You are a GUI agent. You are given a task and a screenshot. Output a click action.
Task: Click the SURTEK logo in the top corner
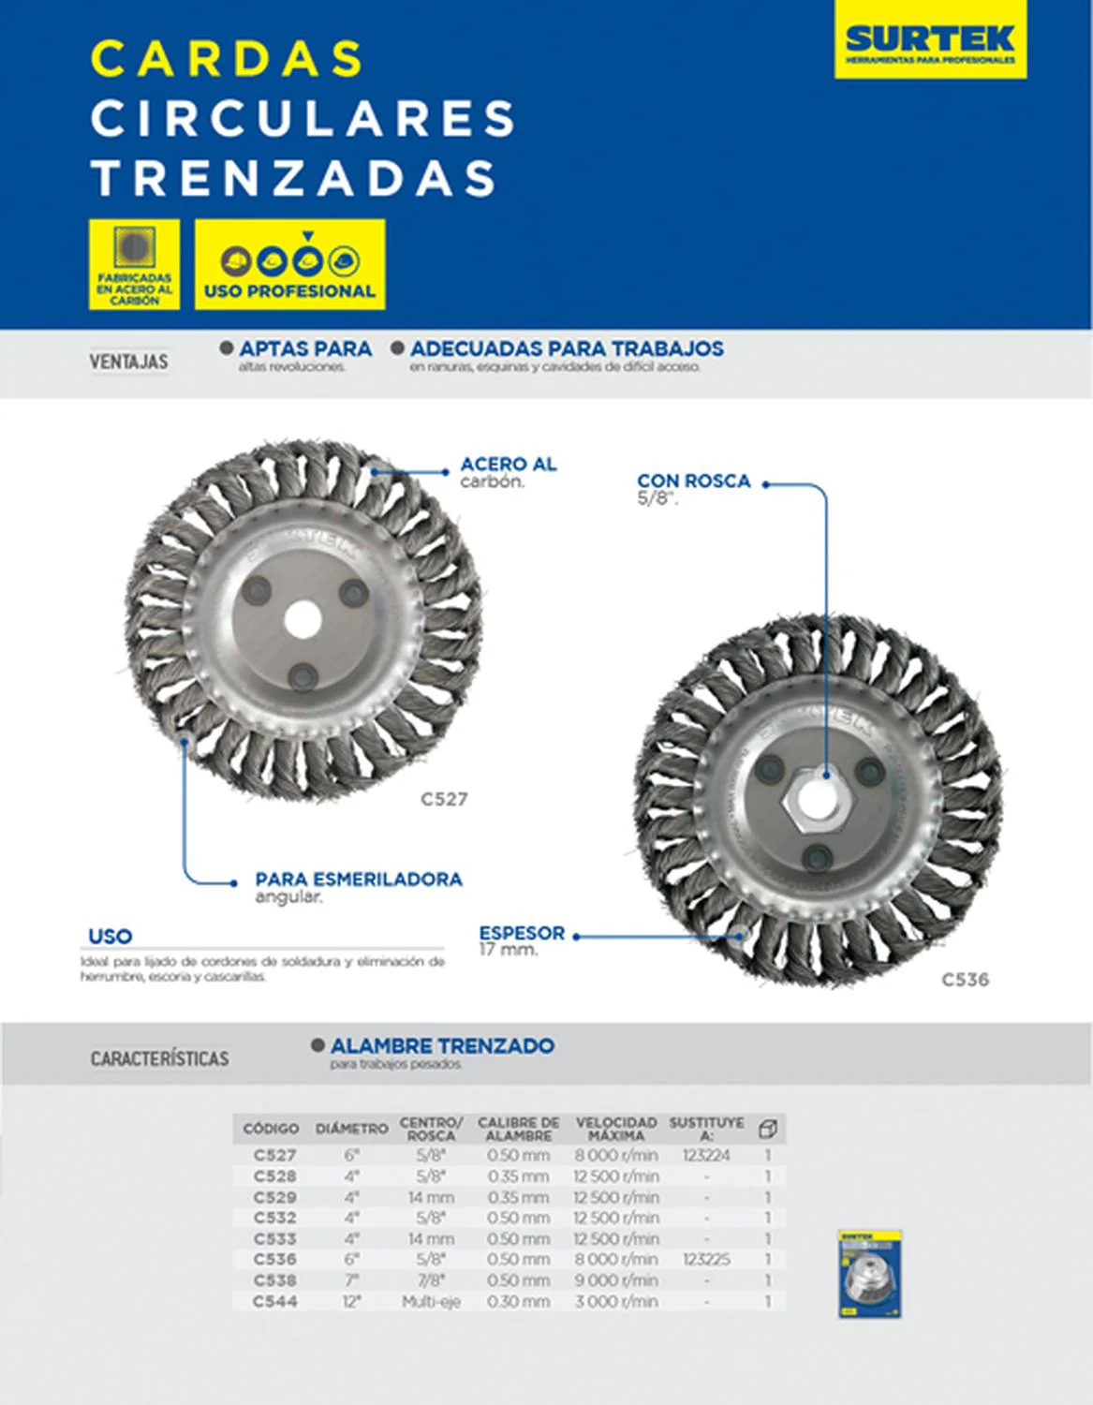[x=930, y=40]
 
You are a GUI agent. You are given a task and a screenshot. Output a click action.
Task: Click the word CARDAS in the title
[x=228, y=58]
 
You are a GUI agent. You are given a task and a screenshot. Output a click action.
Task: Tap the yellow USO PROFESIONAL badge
[x=289, y=264]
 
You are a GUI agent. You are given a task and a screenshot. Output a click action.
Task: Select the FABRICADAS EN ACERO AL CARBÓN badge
[x=134, y=264]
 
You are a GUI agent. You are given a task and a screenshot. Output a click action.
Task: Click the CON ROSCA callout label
[x=694, y=481]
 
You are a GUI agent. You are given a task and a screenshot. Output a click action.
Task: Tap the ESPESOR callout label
[x=522, y=934]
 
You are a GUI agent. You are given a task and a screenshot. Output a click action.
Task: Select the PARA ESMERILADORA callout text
[x=359, y=880]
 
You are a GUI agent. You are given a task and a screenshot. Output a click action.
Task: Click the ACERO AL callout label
[x=509, y=465]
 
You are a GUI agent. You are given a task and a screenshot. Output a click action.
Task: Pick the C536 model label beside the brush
[x=965, y=980]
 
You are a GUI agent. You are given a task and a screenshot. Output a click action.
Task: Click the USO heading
[x=110, y=936]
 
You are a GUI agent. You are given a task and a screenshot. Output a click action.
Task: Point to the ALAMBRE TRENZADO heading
[x=442, y=1046]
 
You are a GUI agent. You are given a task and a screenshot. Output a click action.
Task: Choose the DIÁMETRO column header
[x=351, y=1129]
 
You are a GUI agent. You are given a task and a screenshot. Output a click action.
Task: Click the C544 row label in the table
[x=275, y=1301]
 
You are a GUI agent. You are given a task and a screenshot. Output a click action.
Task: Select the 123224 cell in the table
[x=706, y=1156]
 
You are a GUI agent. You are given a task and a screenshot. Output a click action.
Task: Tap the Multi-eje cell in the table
[x=431, y=1301]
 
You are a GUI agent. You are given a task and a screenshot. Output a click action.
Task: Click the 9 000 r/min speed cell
[x=616, y=1280]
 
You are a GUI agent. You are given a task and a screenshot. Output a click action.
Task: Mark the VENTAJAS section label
[x=129, y=362]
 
